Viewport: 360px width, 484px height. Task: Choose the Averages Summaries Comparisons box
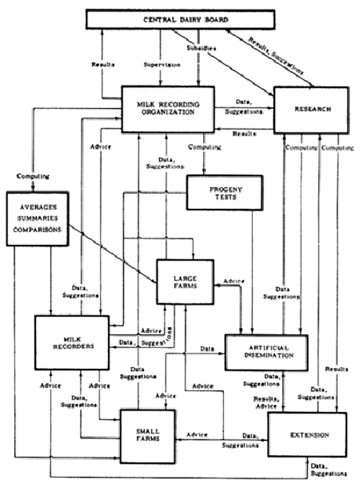(34, 217)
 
